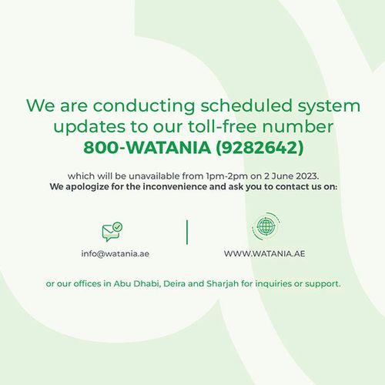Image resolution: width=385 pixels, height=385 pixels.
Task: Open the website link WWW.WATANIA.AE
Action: click(264, 253)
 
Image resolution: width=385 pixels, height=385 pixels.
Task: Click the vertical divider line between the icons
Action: click(187, 232)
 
